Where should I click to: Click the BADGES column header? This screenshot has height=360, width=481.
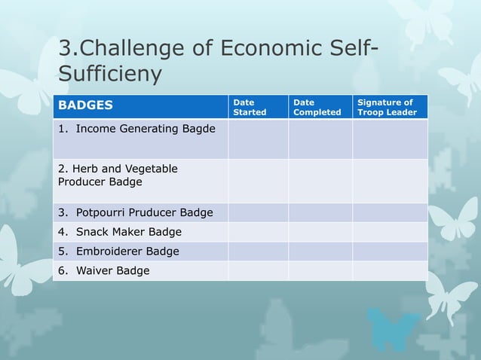click(86, 106)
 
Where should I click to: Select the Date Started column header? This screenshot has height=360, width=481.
click(250, 107)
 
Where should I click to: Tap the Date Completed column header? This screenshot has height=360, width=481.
click(317, 107)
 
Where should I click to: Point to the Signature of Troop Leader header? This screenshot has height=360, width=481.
click(385, 107)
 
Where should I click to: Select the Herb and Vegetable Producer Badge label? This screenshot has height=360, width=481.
click(118, 175)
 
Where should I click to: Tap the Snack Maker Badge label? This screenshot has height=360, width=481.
click(120, 232)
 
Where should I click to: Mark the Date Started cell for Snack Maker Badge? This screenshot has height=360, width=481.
click(258, 232)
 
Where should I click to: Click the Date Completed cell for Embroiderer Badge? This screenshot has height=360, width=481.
click(320, 251)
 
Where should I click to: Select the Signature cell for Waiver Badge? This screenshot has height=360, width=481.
click(390, 270)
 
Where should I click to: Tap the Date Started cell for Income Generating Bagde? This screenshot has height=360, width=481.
click(258, 139)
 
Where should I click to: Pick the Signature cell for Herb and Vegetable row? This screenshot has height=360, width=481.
click(390, 181)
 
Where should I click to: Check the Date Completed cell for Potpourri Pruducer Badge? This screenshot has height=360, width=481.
click(320, 212)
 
